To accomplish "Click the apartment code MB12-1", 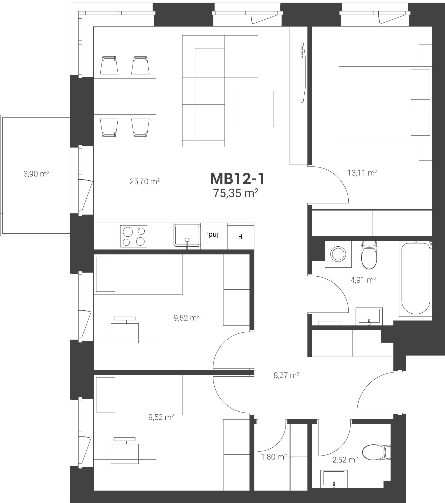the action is coord(237,179).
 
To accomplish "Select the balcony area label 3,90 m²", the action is coord(36,174).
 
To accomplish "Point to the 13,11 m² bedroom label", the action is coord(362,173).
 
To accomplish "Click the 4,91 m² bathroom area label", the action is coord(363,280).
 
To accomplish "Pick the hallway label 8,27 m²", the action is coord(286,375).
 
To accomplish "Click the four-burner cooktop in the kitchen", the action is coord(134,236).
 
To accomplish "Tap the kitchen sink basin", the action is coord(187,235).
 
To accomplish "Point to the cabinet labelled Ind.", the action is coord(214,236).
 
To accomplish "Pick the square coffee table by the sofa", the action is coord(256,109).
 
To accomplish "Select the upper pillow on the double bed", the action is coord(420,84).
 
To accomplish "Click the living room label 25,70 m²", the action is coord(145,181).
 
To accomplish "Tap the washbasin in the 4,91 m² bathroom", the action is coord(369,316).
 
